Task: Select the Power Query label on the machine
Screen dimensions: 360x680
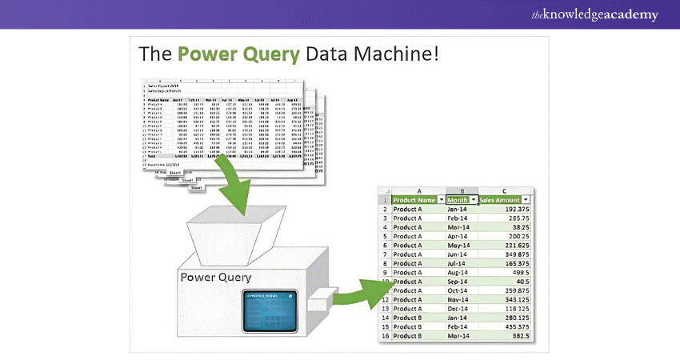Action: pyautogui.click(x=215, y=278)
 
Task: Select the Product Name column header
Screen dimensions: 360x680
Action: pyautogui.click(x=413, y=199)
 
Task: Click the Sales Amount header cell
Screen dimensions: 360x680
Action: pyautogui.click(x=502, y=199)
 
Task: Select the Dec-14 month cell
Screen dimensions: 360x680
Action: pyautogui.click(x=458, y=309)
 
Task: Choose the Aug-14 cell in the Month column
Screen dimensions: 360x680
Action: pyautogui.click(x=458, y=273)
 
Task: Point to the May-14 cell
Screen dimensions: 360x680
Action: pyautogui.click(x=458, y=246)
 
